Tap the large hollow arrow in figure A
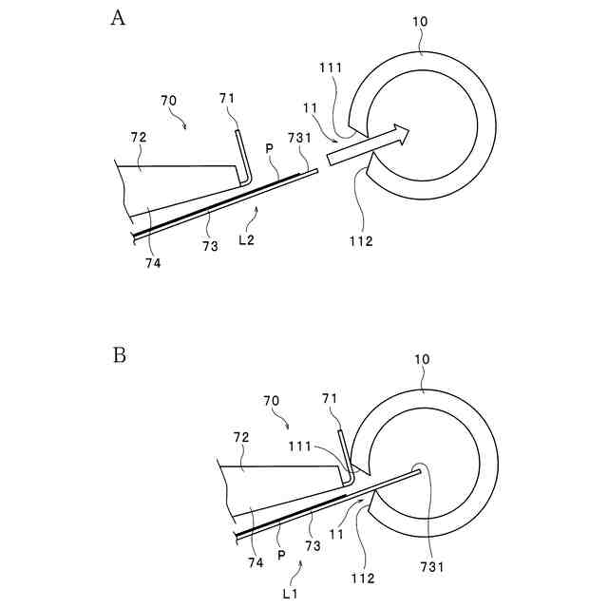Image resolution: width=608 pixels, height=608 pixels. pos(367,143)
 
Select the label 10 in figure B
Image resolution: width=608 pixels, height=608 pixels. pos(423,361)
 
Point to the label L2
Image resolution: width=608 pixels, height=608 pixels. pos(247,241)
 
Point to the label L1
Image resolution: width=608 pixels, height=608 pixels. pos(292,592)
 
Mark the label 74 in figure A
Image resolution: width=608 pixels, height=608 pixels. pos(154,263)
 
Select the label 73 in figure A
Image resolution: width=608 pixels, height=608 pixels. pos(210,245)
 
